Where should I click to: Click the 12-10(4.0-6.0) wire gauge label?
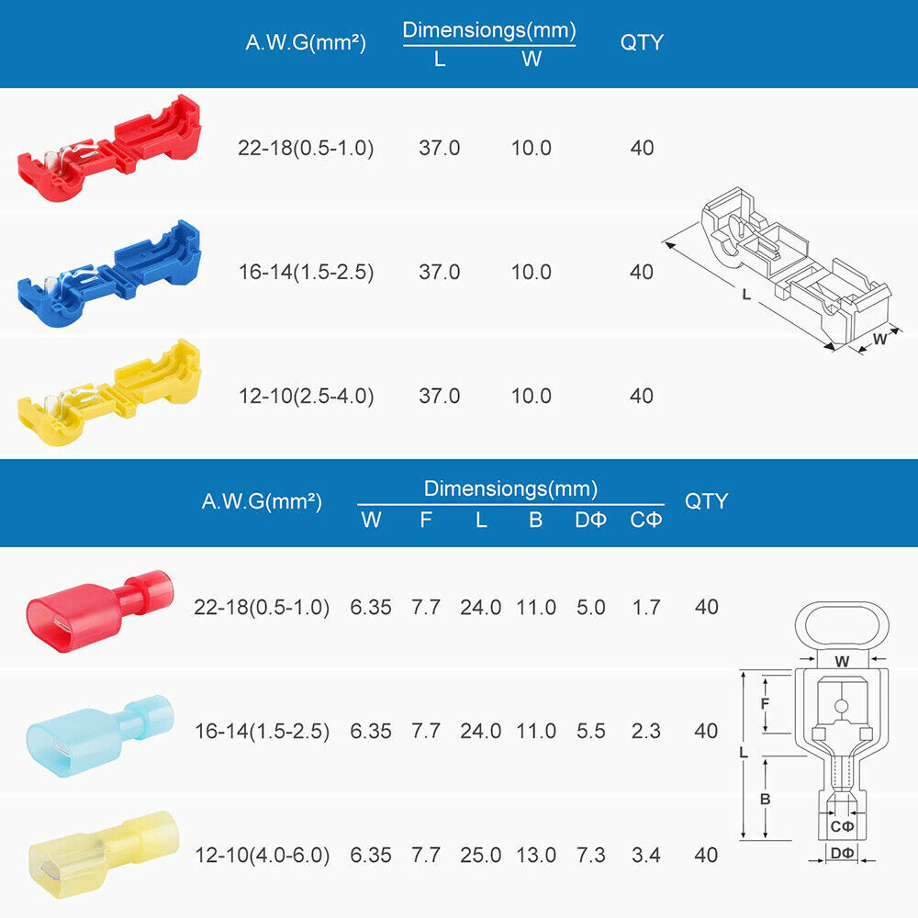[262, 856]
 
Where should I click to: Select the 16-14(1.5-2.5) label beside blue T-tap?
[306, 273]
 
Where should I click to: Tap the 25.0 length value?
[481, 856]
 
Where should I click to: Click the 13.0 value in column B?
[535, 856]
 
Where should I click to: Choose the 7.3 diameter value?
[590, 856]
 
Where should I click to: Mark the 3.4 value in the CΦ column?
[645, 856]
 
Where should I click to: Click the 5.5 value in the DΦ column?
[590, 732]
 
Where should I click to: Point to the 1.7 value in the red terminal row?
[645, 607]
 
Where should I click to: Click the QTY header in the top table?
[642, 42]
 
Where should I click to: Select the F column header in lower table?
[426, 521]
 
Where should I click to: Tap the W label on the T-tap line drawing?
[879, 339]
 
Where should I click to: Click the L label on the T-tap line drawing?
[746, 295]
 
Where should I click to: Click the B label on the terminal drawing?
[765, 799]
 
